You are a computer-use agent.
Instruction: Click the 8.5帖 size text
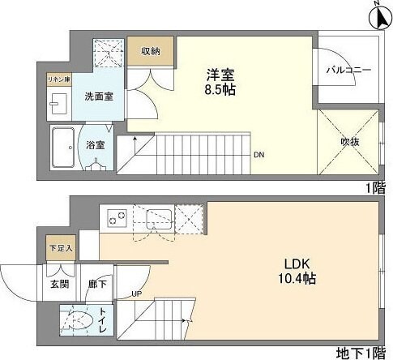219,89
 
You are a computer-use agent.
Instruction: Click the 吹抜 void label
350,142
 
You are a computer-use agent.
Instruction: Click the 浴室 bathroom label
96,146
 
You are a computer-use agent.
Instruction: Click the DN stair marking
258,154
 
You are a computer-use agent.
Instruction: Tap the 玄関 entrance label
59,285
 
